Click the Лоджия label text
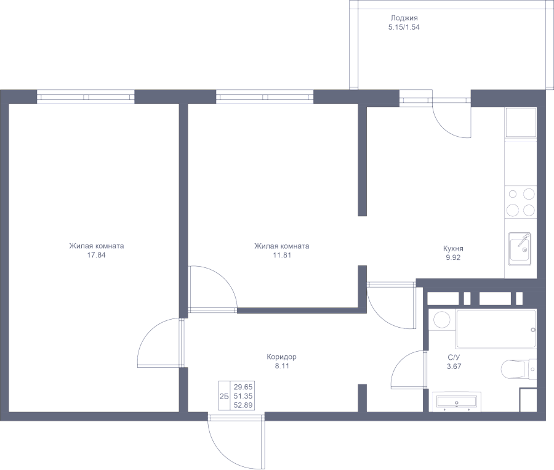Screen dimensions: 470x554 404,18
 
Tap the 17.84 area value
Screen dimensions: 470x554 97,255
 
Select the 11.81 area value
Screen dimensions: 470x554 281,255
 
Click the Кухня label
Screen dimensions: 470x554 453,249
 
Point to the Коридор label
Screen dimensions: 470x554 282,357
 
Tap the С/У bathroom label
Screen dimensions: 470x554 454,357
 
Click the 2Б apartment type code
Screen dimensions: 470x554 223,396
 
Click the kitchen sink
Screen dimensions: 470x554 520,248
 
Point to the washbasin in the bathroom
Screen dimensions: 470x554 456,402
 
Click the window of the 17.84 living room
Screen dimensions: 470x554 86,97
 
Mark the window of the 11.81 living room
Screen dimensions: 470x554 265,97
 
